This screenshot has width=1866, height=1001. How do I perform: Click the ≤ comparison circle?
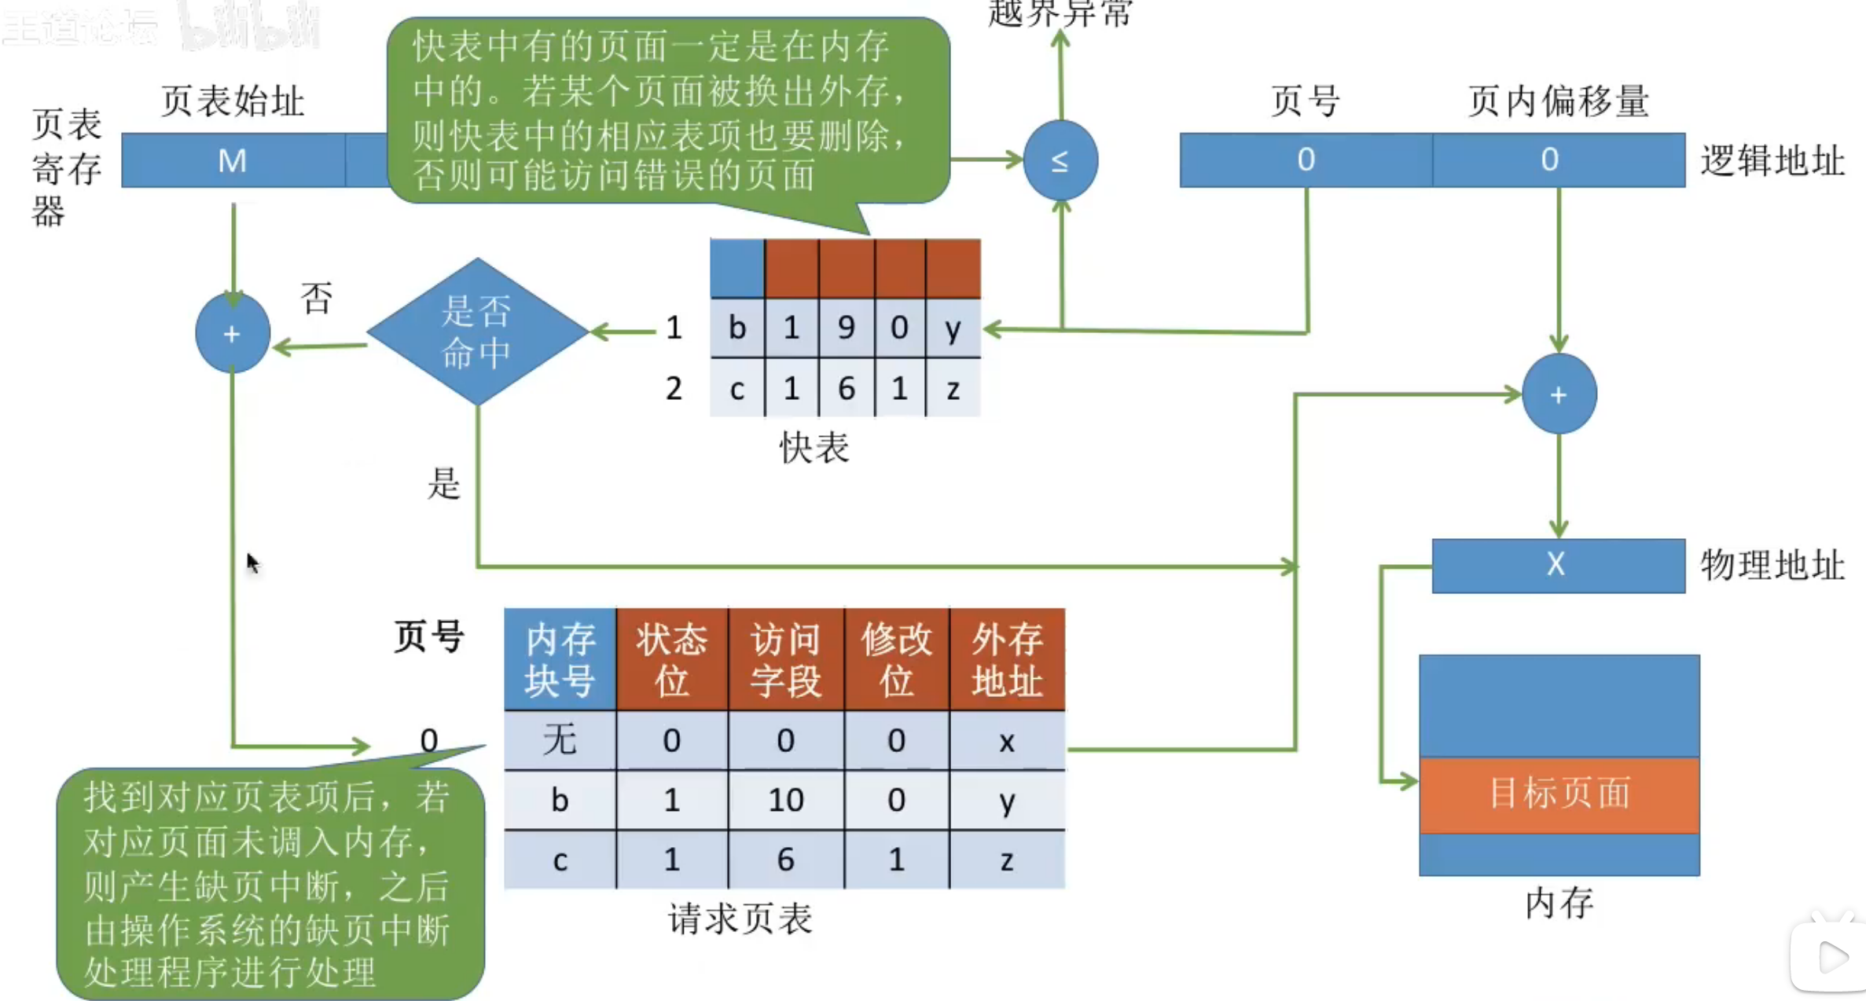pyautogui.click(x=1060, y=160)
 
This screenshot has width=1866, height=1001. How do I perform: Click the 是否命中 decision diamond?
pyautogui.click(x=477, y=332)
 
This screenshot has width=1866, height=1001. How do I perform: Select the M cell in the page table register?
pyautogui.click(x=233, y=160)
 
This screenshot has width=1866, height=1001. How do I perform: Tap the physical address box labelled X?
pyautogui.click(x=1558, y=565)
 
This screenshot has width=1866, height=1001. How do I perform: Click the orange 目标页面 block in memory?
pyautogui.click(x=1559, y=794)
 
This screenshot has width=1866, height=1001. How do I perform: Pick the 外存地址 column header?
pyautogui.click(x=1008, y=659)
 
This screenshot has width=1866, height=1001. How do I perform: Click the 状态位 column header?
pyautogui.click(x=672, y=659)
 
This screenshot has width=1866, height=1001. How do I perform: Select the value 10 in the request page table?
pyautogui.click(x=785, y=800)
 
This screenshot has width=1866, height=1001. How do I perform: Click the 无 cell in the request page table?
pyautogui.click(x=560, y=740)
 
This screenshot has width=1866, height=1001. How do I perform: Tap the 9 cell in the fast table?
pyautogui.click(x=846, y=328)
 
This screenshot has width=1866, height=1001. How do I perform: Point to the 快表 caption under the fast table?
pyautogui.click(x=814, y=448)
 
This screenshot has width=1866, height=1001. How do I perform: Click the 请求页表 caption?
pyautogui.click(x=740, y=918)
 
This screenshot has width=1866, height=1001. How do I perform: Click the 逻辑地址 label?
pyautogui.click(x=1772, y=161)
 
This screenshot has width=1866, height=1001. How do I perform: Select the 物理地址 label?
pyautogui.click(x=1772, y=565)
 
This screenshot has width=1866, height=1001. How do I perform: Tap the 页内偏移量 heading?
pyautogui.click(x=1558, y=102)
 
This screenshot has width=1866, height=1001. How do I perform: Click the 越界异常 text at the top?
pyautogui.click(x=1060, y=13)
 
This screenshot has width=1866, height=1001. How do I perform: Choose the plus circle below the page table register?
pyautogui.click(x=233, y=334)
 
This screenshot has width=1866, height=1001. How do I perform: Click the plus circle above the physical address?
pyautogui.click(x=1559, y=394)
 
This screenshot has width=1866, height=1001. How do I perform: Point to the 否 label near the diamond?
pyautogui.click(x=317, y=299)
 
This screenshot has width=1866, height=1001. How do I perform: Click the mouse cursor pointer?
pyautogui.click(x=252, y=563)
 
